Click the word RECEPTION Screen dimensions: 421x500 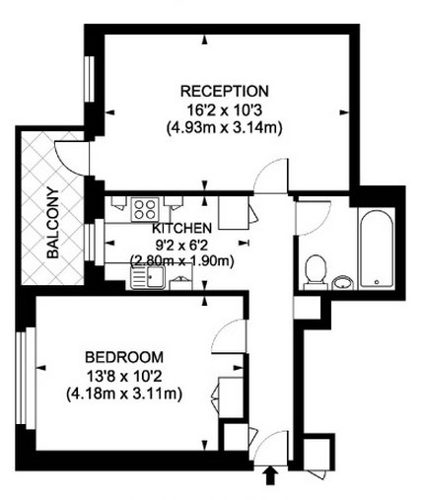pyautogui.click(x=225, y=91)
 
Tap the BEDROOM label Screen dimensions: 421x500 pyautogui.click(x=124, y=357)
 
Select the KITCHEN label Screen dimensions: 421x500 pyautogui.click(x=181, y=228)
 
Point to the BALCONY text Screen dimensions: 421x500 pyautogui.click(x=52, y=223)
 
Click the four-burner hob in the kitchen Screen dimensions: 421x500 pyautogui.click(x=145, y=209)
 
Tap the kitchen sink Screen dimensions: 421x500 pyautogui.click(x=148, y=277)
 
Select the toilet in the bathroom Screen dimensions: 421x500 pyautogui.click(x=316, y=272)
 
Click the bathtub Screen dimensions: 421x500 pyautogui.click(x=377, y=250)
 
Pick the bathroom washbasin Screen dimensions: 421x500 pyautogui.click(x=343, y=283)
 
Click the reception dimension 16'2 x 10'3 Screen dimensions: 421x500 pyautogui.click(x=225, y=110)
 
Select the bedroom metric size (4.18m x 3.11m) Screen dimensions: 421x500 pyautogui.click(x=124, y=393)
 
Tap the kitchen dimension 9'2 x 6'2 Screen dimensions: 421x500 pyautogui.click(x=181, y=245)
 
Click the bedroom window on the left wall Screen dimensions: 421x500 pyautogui.click(x=27, y=378)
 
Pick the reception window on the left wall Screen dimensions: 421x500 pyautogui.click(x=89, y=79)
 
